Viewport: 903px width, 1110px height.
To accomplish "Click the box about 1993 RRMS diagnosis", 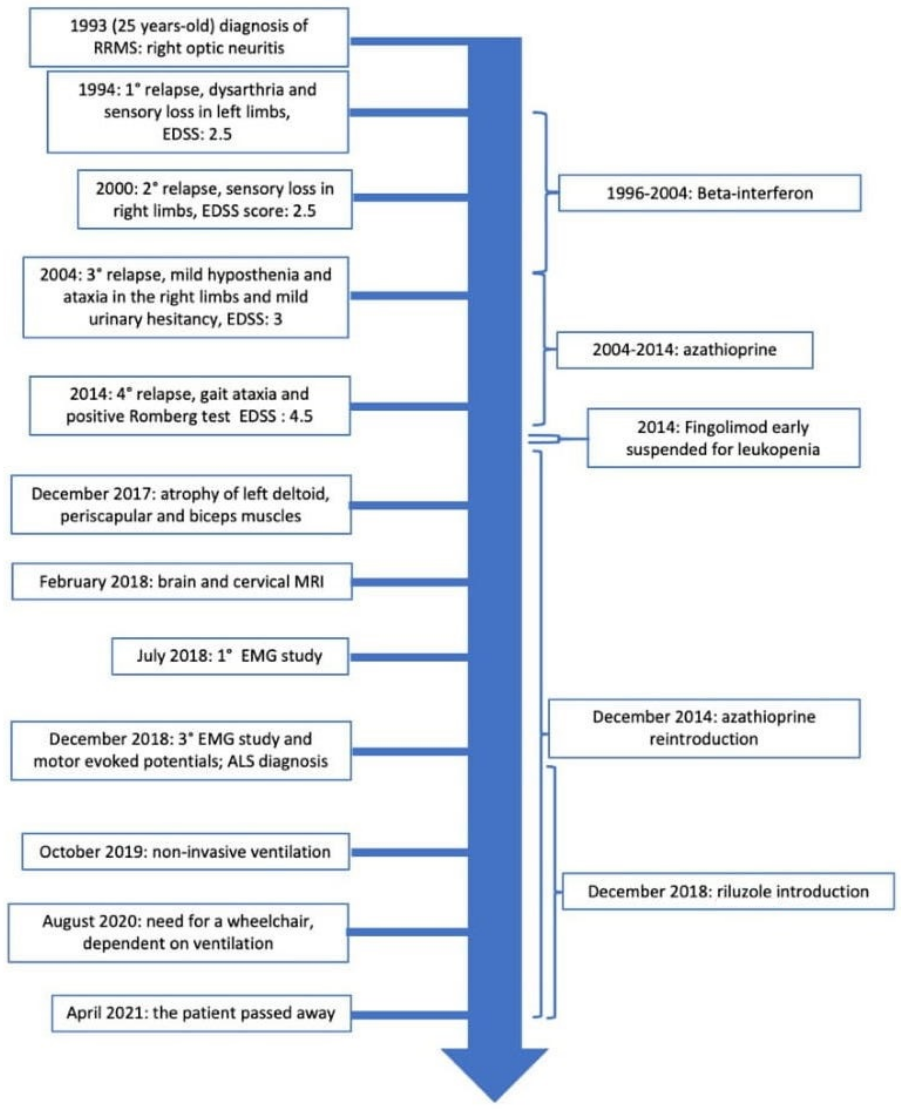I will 189,37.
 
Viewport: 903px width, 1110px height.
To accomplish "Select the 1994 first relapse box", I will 197,112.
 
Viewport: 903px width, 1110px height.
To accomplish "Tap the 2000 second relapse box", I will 214,199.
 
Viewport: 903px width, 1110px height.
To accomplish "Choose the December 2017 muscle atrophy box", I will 181,505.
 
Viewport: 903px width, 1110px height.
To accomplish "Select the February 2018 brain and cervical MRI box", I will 181,581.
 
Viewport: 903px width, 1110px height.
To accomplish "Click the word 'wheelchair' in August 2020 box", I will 270,921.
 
